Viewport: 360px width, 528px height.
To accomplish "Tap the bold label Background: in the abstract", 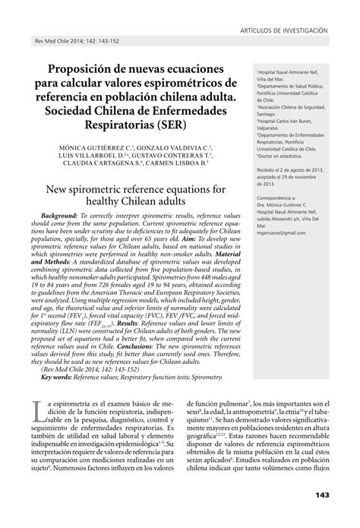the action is pos(65,215).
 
